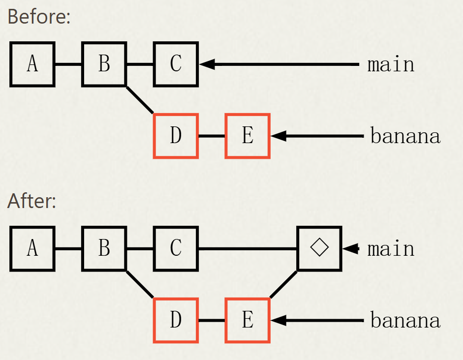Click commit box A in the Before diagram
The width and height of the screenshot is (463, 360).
coord(32,64)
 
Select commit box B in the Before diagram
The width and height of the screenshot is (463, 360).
coord(104,64)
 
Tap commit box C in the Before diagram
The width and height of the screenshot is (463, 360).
coord(176,64)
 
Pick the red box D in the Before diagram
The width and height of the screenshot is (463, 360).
coord(176,136)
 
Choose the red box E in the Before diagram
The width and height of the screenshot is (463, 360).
coord(247,136)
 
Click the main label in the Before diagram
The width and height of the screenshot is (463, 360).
coord(391,64)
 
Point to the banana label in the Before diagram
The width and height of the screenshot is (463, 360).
coord(405,136)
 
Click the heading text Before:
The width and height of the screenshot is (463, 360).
coord(39,17)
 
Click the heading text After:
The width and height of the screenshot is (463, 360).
coord(32,201)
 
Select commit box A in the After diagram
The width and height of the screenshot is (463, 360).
coord(32,248)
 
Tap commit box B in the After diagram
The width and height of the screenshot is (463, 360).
coord(104,248)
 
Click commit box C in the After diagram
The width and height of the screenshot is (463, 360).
coord(176,248)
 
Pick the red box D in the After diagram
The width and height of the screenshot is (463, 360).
coord(176,320)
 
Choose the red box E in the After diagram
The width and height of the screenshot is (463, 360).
coord(247,320)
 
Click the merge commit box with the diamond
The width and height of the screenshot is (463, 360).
coord(319,248)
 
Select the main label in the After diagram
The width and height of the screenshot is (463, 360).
coord(391,249)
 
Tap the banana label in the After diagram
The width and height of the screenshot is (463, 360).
coord(405,321)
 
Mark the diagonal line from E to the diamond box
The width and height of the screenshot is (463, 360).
coord(283,284)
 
